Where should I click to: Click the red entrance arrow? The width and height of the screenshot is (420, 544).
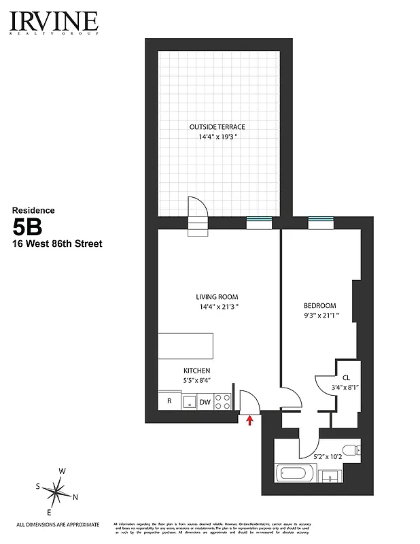[x=250, y=421]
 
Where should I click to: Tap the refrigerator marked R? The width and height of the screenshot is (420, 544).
[x=169, y=401]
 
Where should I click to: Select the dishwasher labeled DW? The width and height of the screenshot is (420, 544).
[x=205, y=401]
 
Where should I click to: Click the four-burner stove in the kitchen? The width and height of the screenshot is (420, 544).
[x=223, y=401]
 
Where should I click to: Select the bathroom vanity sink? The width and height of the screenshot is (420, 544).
[x=331, y=475]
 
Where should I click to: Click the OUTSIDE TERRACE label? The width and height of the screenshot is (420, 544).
[x=217, y=127]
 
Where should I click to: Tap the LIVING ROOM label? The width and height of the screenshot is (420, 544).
[x=217, y=296]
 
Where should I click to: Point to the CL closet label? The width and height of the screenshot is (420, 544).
[x=346, y=378]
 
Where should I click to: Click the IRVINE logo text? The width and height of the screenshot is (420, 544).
[x=54, y=20]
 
